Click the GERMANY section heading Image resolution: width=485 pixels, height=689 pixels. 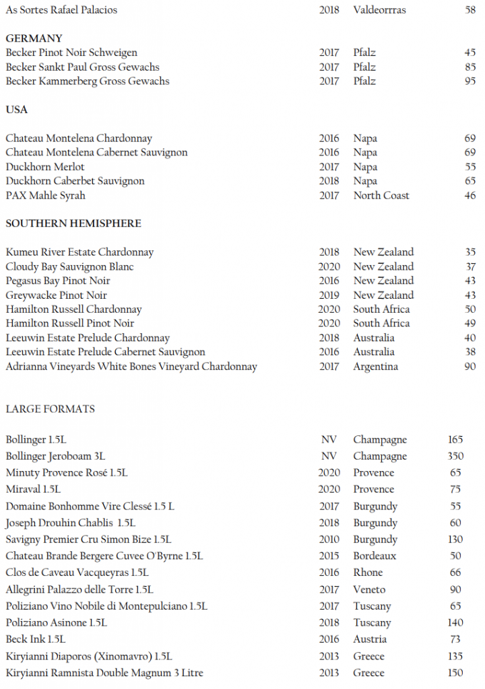click(34, 38)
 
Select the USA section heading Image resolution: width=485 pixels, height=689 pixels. click(17, 110)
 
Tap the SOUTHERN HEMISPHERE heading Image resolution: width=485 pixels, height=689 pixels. click(73, 223)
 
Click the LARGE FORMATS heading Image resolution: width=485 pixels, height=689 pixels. click(51, 408)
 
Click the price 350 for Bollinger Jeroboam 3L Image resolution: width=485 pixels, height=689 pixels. click(455, 456)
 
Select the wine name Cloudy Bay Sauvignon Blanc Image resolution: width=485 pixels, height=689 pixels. click(70, 266)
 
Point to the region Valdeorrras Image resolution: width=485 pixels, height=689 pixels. click(379, 10)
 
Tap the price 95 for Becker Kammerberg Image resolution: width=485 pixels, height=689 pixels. click(470, 81)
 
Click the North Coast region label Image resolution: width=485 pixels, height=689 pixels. click(381, 195)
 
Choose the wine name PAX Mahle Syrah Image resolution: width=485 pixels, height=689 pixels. click(46, 195)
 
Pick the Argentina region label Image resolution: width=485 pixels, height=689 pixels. click(375, 367)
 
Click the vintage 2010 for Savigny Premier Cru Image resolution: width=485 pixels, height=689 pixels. click(329, 539)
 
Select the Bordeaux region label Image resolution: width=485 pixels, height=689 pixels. click(375, 556)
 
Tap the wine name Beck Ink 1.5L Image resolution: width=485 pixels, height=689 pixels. click(36, 639)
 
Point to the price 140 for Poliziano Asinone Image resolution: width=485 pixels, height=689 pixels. click(455, 622)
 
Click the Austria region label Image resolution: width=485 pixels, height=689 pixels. click(370, 639)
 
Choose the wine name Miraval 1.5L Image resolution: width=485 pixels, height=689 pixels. click(34, 489)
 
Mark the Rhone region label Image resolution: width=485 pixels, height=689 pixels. click(368, 573)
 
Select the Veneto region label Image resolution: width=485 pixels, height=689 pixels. click(369, 589)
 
